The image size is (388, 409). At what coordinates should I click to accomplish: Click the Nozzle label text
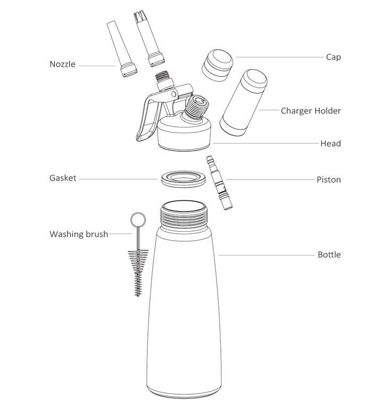click(62, 64)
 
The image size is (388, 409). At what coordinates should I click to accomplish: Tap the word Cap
click(333, 58)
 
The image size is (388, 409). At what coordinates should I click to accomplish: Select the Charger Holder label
click(310, 111)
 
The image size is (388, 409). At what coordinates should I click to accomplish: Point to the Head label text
click(331, 143)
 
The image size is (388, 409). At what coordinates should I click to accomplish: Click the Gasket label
click(63, 178)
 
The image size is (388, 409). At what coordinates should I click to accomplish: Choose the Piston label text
click(328, 179)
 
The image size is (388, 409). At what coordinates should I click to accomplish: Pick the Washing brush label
click(79, 234)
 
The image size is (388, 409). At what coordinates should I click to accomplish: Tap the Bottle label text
click(329, 255)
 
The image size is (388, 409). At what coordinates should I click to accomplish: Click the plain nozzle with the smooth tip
click(122, 49)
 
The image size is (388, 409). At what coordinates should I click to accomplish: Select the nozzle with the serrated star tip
click(149, 38)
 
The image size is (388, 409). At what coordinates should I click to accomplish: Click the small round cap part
click(218, 65)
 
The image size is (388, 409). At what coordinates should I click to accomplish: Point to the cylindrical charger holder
click(244, 102)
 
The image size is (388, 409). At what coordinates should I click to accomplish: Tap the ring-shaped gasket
click(183, 179)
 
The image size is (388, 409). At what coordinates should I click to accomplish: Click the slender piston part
click(219, 183)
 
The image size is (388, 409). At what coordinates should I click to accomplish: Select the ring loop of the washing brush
click(138, 219)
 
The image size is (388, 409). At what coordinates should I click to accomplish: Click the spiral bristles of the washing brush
click(138, 273)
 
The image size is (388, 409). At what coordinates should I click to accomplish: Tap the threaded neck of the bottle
click(184, 217)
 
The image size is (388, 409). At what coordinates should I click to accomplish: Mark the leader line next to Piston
click(270, 179)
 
